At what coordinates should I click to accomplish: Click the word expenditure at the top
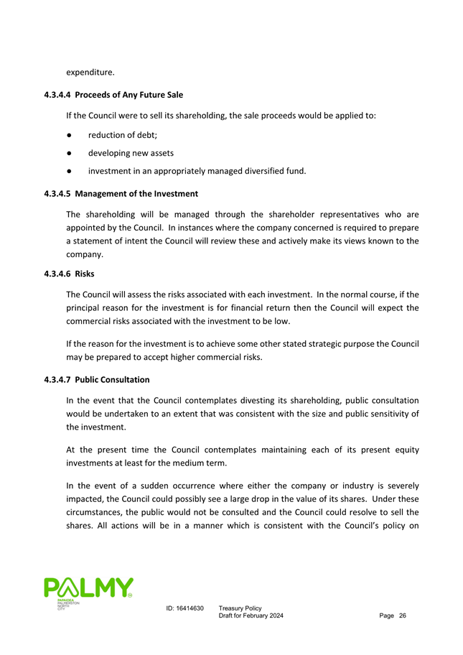[90, 73]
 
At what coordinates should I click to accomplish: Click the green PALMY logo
[88, 590]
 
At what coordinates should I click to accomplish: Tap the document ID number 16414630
[192, 608]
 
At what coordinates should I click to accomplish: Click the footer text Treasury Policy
[240, 608]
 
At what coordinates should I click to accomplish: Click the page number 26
[403, 617]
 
